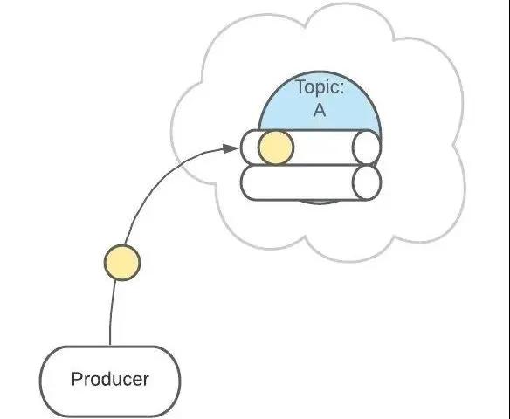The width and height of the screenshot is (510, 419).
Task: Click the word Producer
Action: pos(110,380)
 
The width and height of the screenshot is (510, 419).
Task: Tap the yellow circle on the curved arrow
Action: pos(122,263)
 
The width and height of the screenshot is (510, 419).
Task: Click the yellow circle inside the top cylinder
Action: pos(276,148)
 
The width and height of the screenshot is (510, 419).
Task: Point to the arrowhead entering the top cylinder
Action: pos(231,148)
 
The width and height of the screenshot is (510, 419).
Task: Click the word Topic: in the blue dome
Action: pos(320,87)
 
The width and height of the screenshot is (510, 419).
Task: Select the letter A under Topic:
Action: pos(320,110)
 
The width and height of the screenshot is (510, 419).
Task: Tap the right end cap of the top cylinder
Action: pos(367,148)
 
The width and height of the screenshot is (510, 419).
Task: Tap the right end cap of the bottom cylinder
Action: pos(367,182)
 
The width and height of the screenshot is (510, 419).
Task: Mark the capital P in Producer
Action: pos(77,379)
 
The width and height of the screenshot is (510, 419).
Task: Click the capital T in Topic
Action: pos(301,87)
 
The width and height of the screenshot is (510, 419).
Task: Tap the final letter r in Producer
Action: pos(146,381)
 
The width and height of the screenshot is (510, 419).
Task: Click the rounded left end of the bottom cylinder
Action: pos(242,182)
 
